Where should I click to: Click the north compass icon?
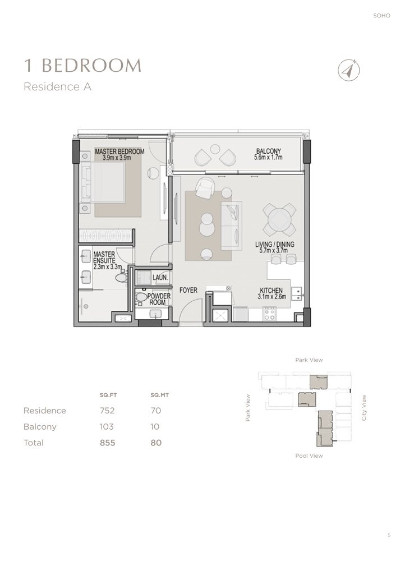[x=349, y=70]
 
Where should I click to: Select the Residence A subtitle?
[x=57, y=87]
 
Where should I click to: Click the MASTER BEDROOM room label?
[x=119, y=155]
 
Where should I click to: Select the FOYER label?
[x=188, y=291]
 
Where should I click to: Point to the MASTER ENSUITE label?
[x=104, y=257]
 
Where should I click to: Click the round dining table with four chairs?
[x=279, y=219]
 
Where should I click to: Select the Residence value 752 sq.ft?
[x=107, y=411]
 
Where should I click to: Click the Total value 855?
[x=107, y=443]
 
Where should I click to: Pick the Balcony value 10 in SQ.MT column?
[x=156, y=427]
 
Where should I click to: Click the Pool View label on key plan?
[x=309, y=456]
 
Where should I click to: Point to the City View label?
[x=364, y=408]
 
